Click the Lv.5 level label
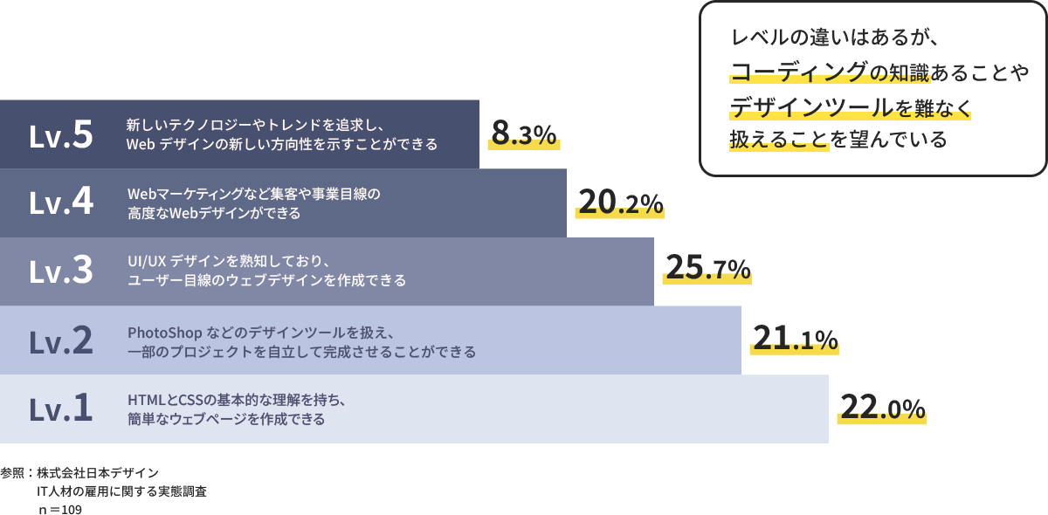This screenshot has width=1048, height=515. coord(61,134)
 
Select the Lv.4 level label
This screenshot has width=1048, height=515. coord(61,203)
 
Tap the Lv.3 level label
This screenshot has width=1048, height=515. coord(61,271)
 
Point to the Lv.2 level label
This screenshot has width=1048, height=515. coord(61,340)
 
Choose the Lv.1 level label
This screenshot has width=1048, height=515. coord(61,409)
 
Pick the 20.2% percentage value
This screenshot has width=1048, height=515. coord(619,203)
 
